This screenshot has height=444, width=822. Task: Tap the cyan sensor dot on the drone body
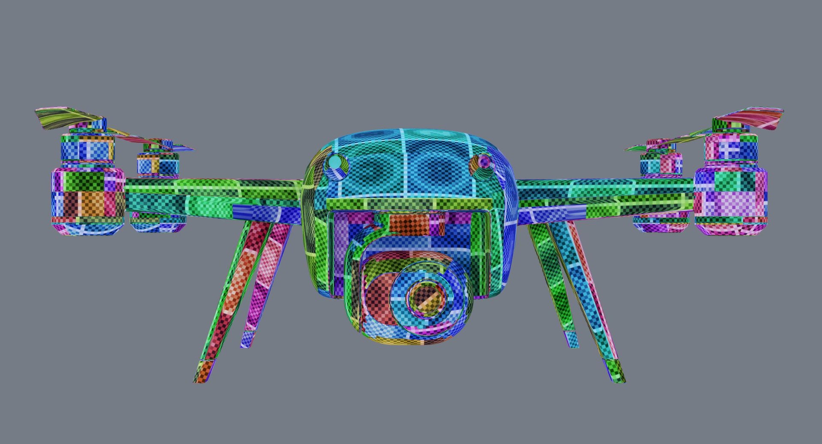click(x=335, y=163)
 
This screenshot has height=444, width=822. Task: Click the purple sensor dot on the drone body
click(x=484, y=162)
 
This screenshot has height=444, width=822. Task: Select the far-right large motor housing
click(x=730, y=199)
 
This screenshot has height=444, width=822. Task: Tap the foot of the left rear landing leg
click(x=247, y=339)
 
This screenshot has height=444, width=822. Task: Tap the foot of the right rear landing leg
click(x=572, y=339)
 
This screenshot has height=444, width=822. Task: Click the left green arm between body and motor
click(x=214, y=195)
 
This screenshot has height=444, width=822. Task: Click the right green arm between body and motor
click(x=604, y=195)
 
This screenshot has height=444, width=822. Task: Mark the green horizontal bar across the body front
click(x=409, y=204)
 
